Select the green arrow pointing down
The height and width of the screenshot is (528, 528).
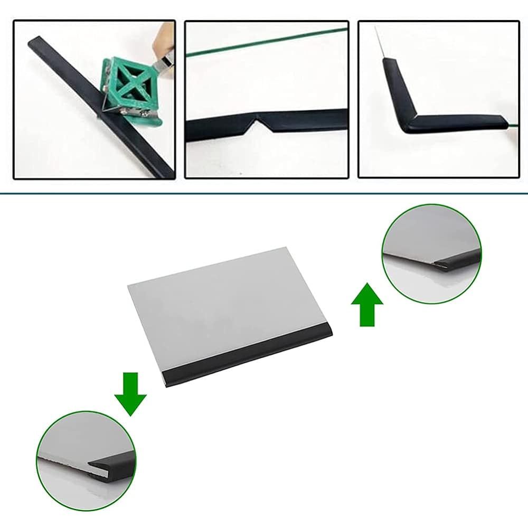(x=130, y=393)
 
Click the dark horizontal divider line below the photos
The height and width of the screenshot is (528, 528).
(x=264, y=194)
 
